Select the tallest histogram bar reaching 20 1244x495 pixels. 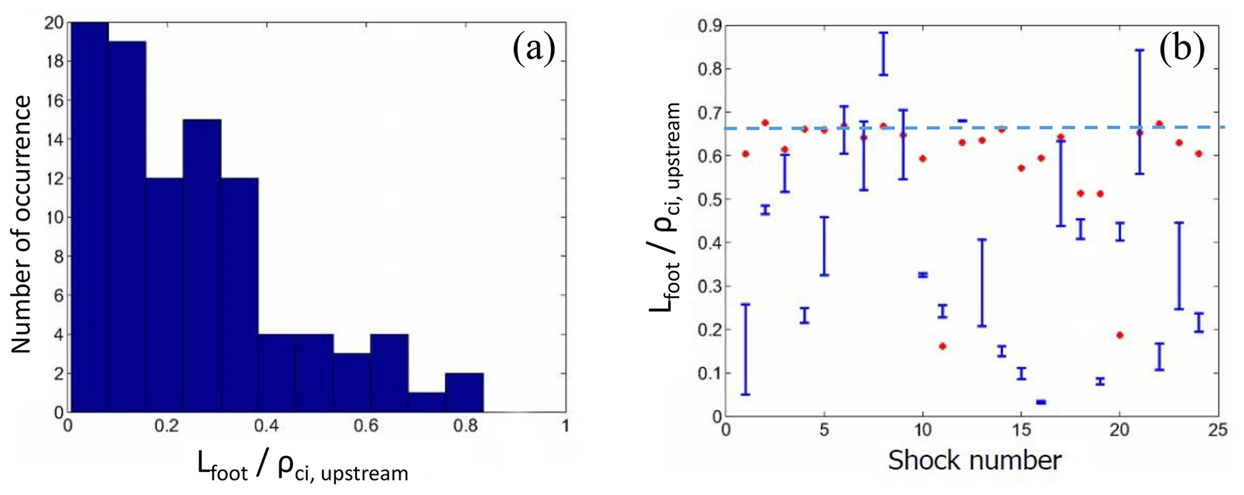click(90, 217)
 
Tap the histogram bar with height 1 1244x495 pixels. click(427, 402)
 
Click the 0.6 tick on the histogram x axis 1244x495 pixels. click(366, 426)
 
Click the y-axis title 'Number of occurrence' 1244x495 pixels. click(22, 224)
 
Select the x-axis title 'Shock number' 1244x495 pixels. click(974, 461)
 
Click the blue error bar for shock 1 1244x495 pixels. click(746, 349)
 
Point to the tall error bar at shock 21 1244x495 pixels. click(1139, 112)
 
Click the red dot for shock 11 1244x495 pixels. click(942, 346)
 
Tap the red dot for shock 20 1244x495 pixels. click(1119, 335)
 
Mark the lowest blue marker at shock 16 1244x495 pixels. click(1041, 402)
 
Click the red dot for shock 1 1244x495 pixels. click(746, 154)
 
